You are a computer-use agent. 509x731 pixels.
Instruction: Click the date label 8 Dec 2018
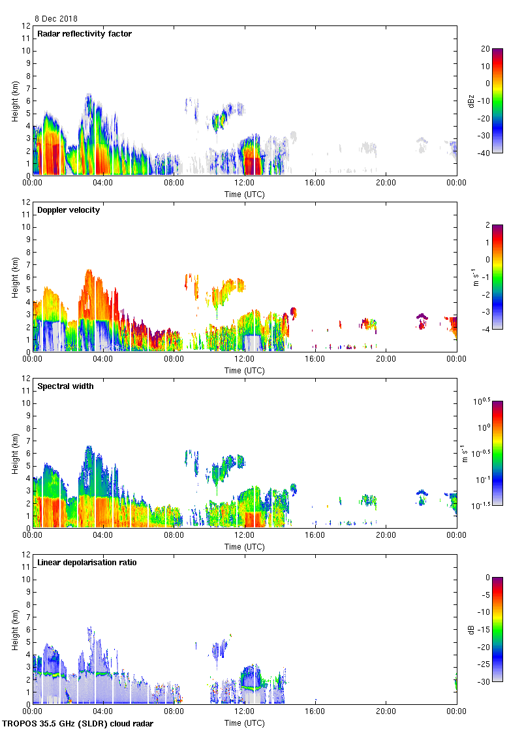[x=55, y=19]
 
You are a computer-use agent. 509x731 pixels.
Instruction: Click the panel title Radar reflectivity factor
[x=84, y=34]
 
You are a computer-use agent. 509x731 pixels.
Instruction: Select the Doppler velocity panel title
[x=69, y=210]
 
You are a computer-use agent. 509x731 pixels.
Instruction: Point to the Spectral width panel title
[x=66, y=386]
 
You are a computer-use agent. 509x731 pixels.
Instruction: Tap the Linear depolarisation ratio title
[x=87, y=563]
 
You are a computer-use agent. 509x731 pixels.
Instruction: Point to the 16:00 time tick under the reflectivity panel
[x=315, y=183]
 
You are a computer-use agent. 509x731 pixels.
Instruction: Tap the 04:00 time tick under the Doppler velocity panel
[x=103, y=359]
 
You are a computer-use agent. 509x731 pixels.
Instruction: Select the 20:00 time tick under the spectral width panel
[x=386, y=535]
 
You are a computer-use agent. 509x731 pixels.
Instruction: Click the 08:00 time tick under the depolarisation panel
[x=174, y=711]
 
